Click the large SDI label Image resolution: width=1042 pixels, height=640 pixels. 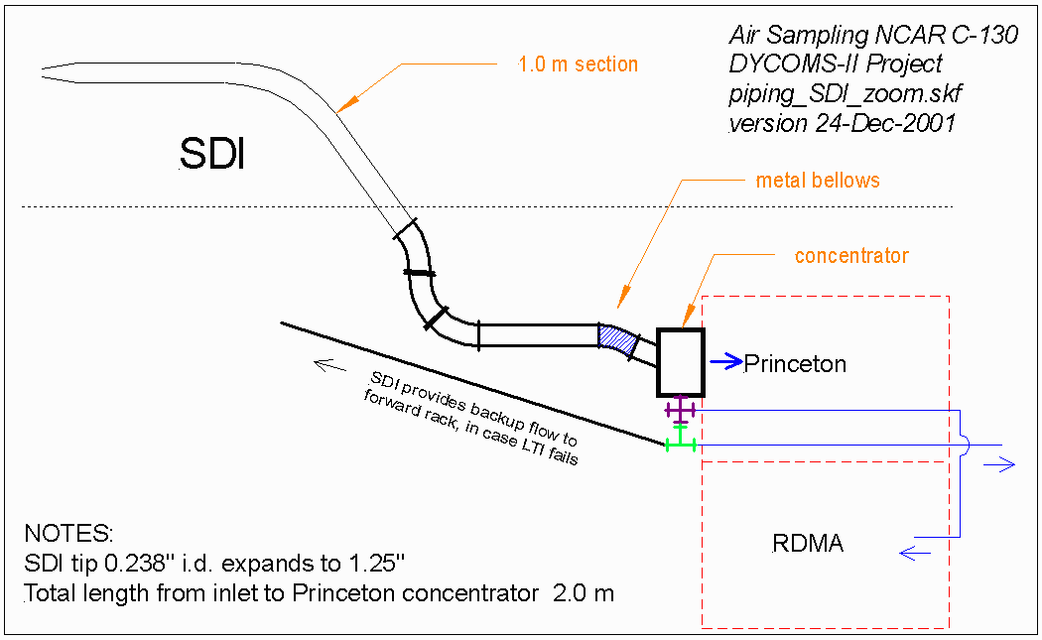click(x=211, y=154)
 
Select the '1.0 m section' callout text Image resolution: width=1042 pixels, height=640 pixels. click(x=578, y=64)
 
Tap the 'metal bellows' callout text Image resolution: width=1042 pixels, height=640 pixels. click(x=818, y=181)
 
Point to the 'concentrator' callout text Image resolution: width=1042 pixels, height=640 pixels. click(x=851, y=256)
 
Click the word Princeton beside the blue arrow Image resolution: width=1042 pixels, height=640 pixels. click(x=795, y=364)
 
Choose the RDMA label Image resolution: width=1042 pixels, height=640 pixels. click(x=808, y=544)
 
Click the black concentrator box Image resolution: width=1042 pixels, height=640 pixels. click(x=680, y=361)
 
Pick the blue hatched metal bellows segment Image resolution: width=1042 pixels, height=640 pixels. click(x=618, y=340)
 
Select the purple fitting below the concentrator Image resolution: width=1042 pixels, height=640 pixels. click(x=680, y=409)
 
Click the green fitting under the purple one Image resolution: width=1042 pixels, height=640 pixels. click(x=680, y=442)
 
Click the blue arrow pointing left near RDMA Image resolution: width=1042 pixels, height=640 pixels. click(x=912, y=554)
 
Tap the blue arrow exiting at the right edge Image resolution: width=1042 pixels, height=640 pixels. click(x=1005, y=463)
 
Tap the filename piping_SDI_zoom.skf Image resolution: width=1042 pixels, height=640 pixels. click(x=846, y=95)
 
